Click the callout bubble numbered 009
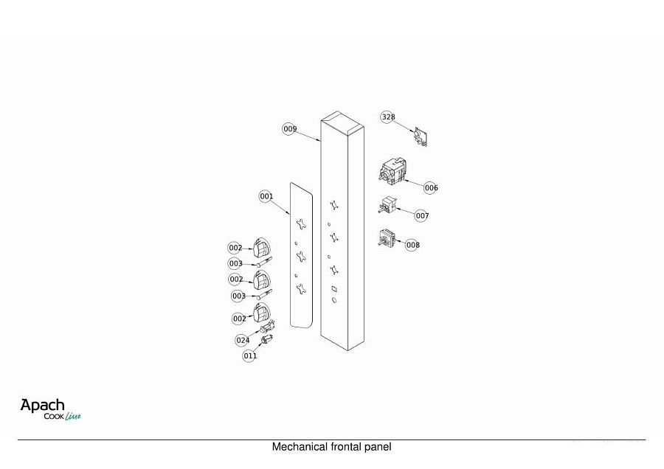[x=290, y=128]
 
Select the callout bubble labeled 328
[x=388, y=117]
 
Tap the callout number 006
[x=431, y=187]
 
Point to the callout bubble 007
[x=422, y=216]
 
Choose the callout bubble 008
[x=412, y=245]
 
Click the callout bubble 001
[x=266, y=196]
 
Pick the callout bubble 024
[x=243, y=340]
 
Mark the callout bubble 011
[x=250, y=355]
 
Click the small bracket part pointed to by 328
[x=421, y=136]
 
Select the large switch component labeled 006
[x=392, y=171]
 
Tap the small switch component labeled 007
[x=387, y=205]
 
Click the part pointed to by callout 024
[x=268, y=327]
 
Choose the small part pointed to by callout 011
[x=267, y=339]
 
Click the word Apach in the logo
[x=42, y=406]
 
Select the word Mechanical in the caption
[x=300, y=447]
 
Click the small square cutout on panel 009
[x=334, y=289]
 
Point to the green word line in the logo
[x=73, y=416]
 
